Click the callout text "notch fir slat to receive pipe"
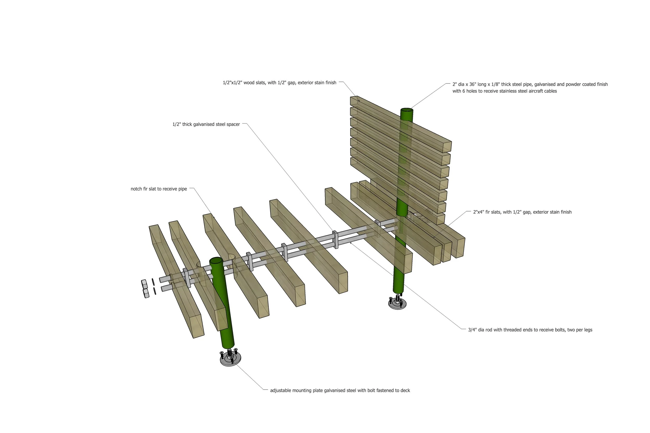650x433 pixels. click(159, 189)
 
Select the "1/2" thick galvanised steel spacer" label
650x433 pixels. click(206, 124)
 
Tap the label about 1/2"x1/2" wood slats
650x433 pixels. click(279, 83)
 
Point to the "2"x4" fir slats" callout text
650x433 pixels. click(522, 212)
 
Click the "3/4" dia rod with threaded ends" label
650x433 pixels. click(530, 330)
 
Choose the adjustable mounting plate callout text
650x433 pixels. click(340, 390)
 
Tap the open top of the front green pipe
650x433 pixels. click(216, 261)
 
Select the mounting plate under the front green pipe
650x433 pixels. click(230, 359)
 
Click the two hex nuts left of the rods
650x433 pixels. click(145, 289)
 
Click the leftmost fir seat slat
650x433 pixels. click(176, 282)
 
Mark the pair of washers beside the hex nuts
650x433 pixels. click(154, 286)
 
